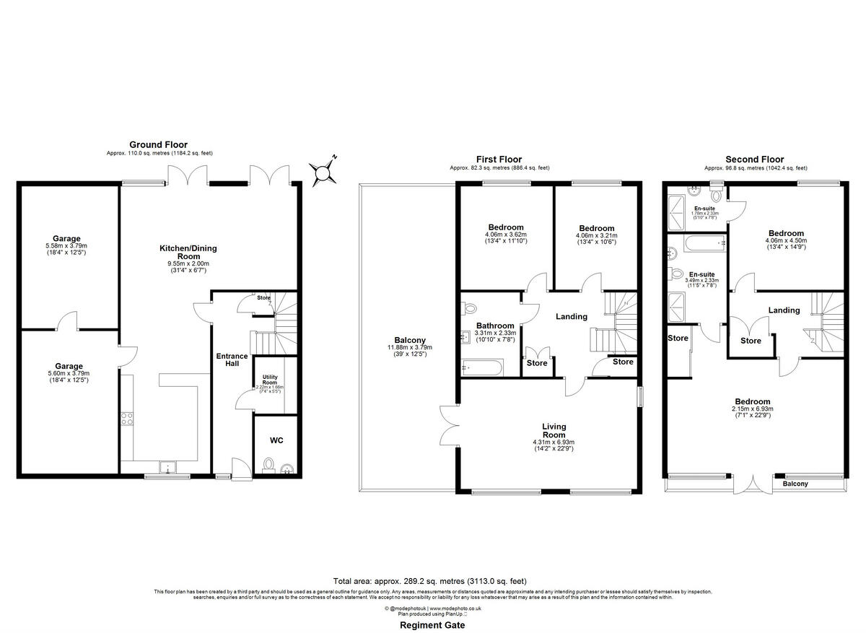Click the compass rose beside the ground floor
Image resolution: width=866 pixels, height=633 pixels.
(323, 171)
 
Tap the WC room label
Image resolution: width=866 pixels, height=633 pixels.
(276, 440)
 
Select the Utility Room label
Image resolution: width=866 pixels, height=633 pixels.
(270, 380)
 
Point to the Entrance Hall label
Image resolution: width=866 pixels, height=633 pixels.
(232, 360)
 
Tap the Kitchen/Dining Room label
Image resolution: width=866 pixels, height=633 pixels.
(188, 252)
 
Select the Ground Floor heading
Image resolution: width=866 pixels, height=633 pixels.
(158, 145)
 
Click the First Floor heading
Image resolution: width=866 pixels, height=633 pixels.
(499, 160)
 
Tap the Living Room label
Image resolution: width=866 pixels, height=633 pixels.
(554, 431)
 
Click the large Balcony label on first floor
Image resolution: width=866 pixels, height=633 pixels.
(409, 341)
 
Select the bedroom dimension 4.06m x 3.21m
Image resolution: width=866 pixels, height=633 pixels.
(595, 235)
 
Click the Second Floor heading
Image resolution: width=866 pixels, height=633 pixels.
(754, 160)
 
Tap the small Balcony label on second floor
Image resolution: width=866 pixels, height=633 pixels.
(795, 484)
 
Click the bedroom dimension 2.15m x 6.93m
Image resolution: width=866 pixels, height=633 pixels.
(752, 409)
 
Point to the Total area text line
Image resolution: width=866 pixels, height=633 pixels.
(429, 581)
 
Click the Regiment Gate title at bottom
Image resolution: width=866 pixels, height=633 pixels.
(432, 626)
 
